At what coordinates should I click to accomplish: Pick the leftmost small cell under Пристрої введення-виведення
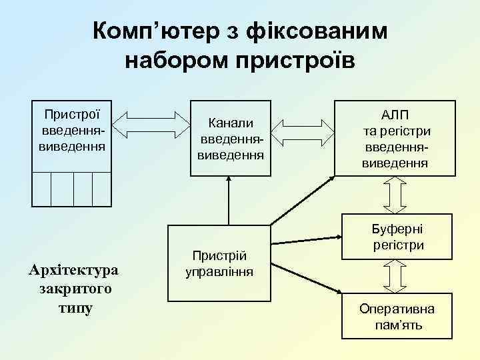click(42, 189)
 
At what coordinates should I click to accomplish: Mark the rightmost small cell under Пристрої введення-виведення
click(101, 189)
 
